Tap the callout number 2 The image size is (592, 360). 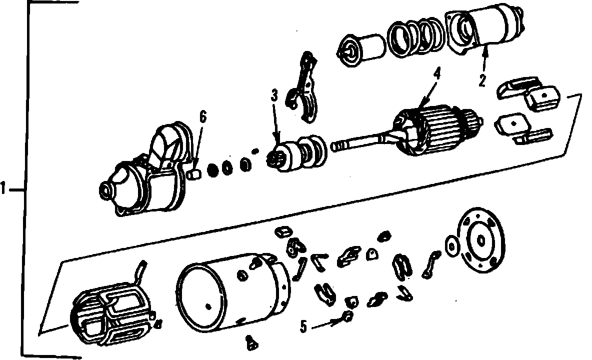[x=482, y=81]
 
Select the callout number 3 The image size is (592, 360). [x=274, y=95]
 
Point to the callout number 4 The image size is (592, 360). [x=437, y=73]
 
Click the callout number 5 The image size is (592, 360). [x=303, y=327]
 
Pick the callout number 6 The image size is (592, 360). [x=203, y=117]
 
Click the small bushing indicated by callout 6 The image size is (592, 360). [x=195, y=174]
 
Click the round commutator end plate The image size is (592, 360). [x=481, y=240]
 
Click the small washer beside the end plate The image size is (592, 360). [x=451, y=246]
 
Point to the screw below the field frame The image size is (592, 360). [x=251, y=342]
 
